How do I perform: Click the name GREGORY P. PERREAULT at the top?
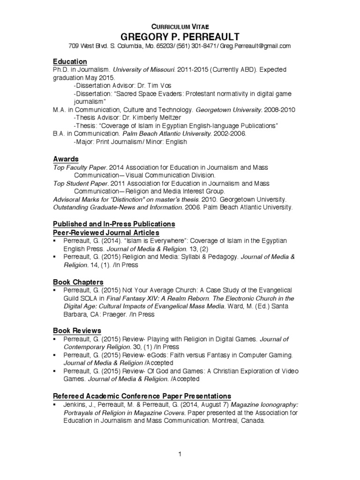point(180,37)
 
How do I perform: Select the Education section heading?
point(70,61)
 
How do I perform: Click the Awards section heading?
point(66,159)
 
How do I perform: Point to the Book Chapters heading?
point(78,282)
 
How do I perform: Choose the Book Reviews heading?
point(77,330)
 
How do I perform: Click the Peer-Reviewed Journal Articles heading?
point(106,232)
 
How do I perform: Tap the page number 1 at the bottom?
point(180,454)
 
